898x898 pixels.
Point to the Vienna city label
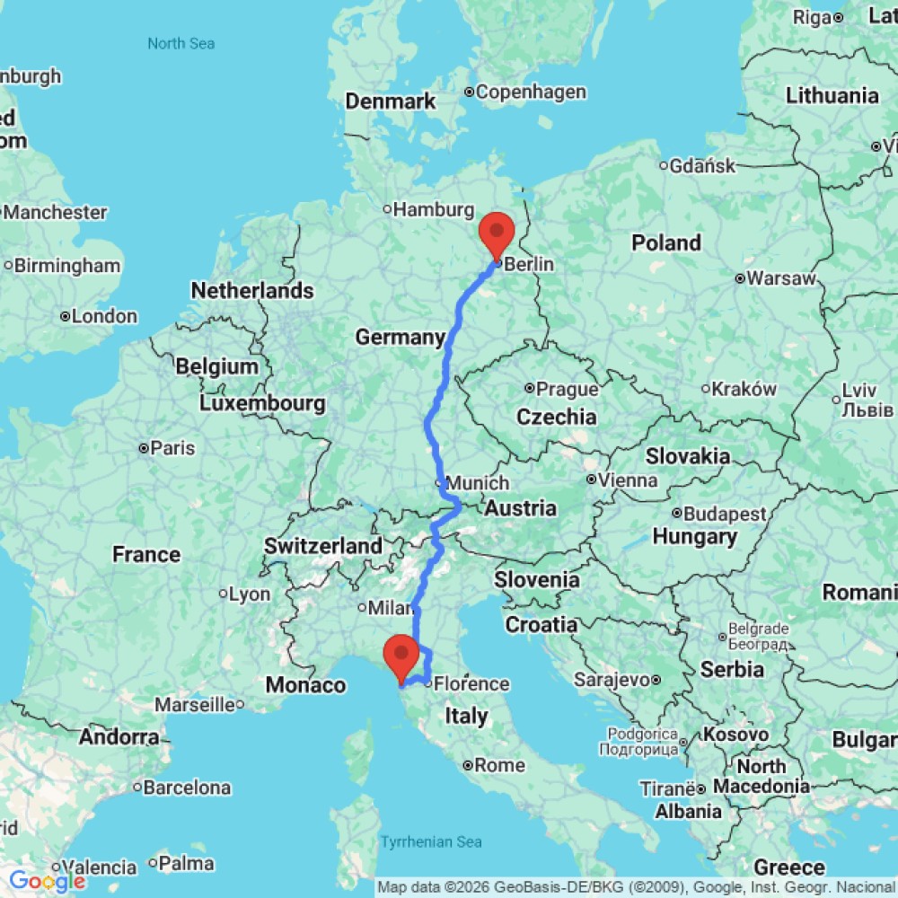click(629, 480)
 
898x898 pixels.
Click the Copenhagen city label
click(531, 92)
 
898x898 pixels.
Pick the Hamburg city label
click(433, 210)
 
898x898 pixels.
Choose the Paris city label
click(172, 448)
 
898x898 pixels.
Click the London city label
click(105, 316)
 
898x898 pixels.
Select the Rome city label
click(499, 766)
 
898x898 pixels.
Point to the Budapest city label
click(725, 515)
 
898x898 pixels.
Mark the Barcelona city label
click(188, 788)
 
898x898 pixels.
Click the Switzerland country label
click(323, 546)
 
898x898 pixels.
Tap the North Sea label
click(181, 43)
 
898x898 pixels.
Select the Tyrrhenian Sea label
click(431, 841)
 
